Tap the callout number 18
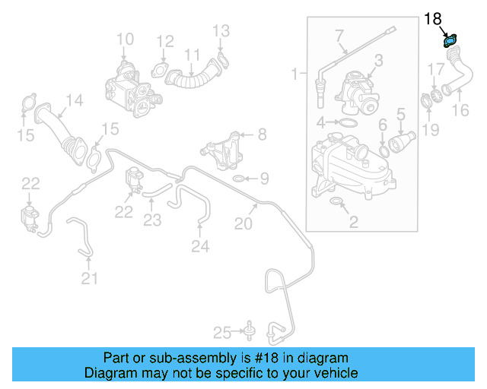[x=432, y=17]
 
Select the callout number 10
[x=125, y=39]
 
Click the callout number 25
[x=221, y=331]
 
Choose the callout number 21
[x=90, y=279]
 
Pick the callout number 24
[x=199, y=245]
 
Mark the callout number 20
[x=243, y=223]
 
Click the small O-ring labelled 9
[x=238, y=179]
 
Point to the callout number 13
[x=221, y=31]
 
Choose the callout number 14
[x=74, y=100]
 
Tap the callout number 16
[x=460, y=112]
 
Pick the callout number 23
[x=153, y=221]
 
